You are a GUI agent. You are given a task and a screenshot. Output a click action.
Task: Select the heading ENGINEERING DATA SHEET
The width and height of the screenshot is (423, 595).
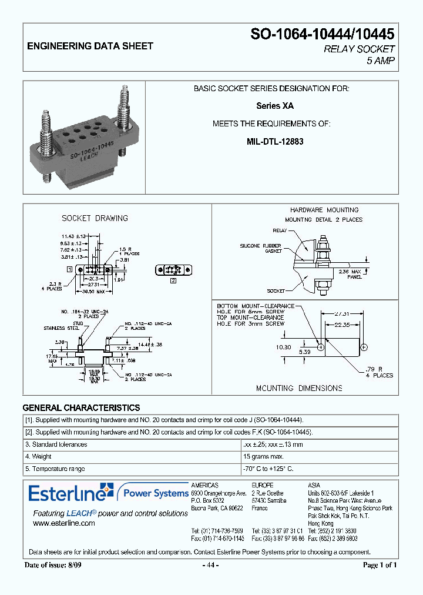tap(90, 46)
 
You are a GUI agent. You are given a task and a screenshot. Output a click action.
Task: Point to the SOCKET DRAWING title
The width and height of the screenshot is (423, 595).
tap(95, 218)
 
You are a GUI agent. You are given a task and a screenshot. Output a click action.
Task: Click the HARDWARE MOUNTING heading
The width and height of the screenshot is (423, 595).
tap(324, 210)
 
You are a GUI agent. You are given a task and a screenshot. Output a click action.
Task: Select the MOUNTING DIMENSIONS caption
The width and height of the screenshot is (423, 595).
tap(299, 388)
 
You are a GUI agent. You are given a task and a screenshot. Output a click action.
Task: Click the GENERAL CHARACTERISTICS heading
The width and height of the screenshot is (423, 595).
tap(81, 407)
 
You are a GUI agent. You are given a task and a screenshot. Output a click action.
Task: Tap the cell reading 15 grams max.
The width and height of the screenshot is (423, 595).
tap(264, 456)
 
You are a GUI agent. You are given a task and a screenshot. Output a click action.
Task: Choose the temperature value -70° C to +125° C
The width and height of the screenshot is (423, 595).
tap(268, 469)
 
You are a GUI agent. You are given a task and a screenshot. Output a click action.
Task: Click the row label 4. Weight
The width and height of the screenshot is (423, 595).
tap(38, 456)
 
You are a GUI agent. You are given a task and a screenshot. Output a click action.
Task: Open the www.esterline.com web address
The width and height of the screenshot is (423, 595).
tap(63, 523)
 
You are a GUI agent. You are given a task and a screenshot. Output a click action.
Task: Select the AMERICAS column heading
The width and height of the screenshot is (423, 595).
tap(204, 485)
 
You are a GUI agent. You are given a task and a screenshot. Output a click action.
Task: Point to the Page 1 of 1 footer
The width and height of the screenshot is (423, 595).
tap(380, 565)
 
